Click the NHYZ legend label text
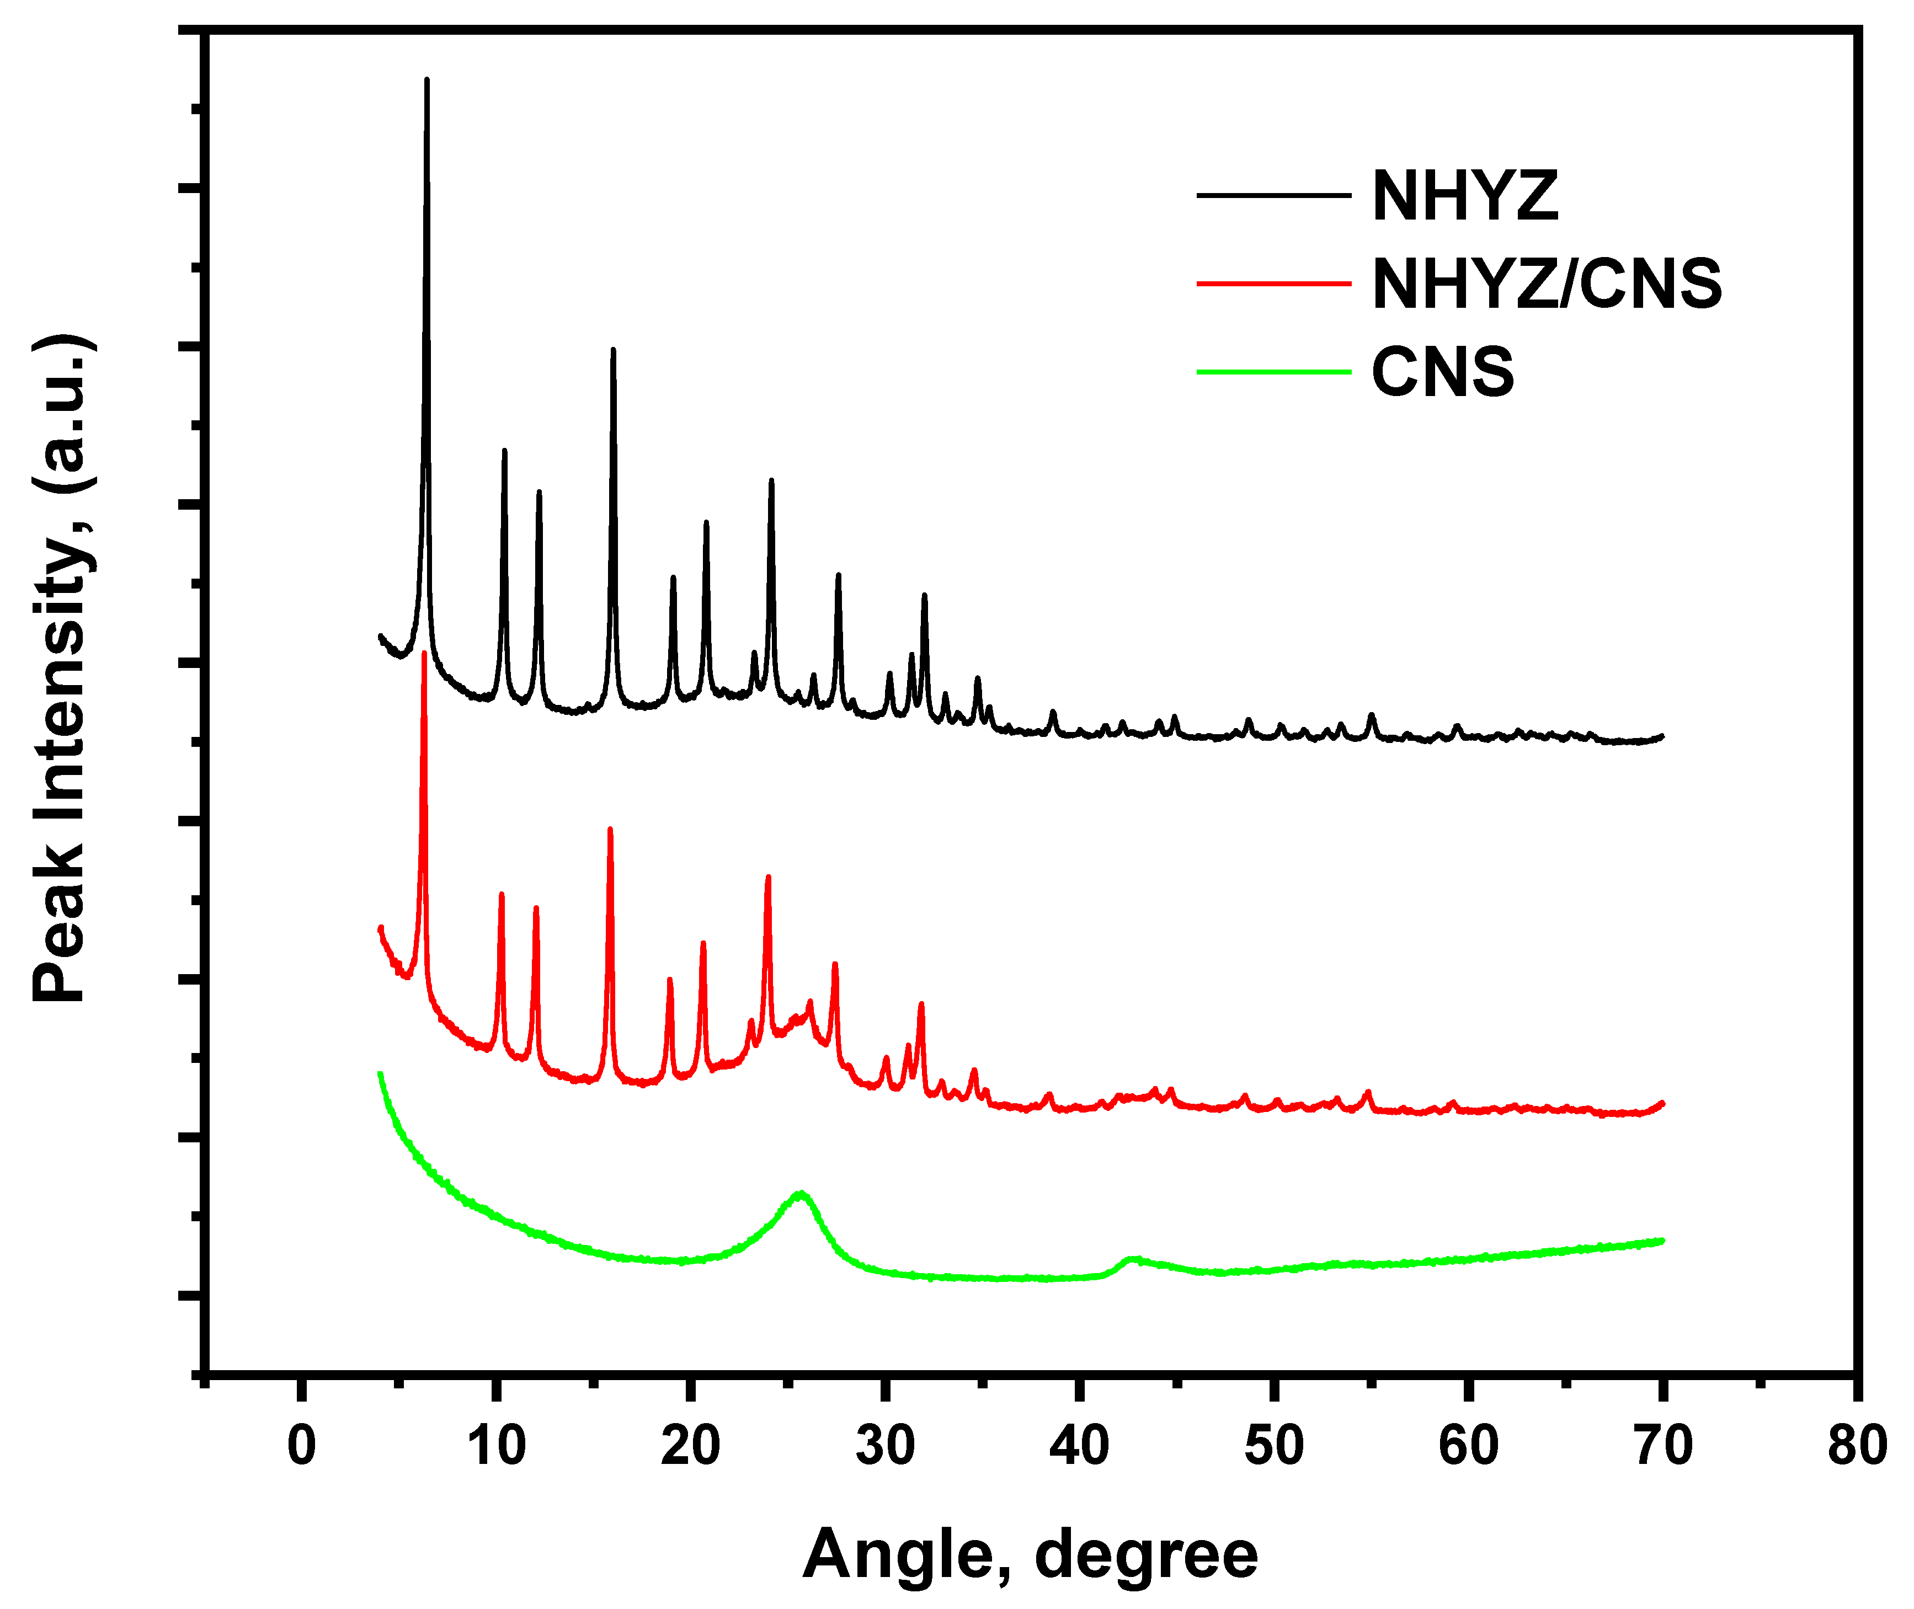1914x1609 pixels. click(x=1465, y=196)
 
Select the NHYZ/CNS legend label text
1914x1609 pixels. click(x=1547, y=284)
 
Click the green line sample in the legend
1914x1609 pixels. click(x=1273, y=371)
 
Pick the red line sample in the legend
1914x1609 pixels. click(x=1273, y=284)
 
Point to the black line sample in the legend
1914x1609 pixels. click(x=1273, y=195)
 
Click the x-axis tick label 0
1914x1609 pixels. click(x=301, y=1446)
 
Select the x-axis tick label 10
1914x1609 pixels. click(x=496, y=1446)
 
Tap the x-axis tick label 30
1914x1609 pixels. click(x=885, y=1446)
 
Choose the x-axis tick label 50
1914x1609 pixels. click(x=1273, y=1446)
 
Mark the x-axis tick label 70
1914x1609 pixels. click(x=1662, y=1446)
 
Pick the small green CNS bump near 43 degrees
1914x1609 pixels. click(x=1132, y=1259)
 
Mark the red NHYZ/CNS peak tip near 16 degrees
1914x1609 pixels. click(x=610, y=829)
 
